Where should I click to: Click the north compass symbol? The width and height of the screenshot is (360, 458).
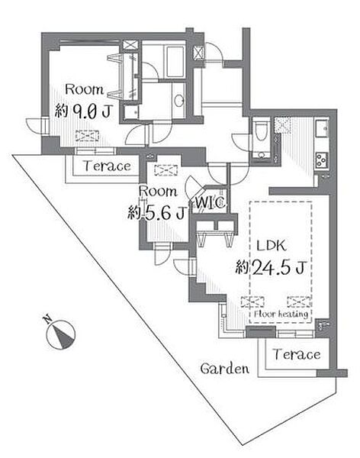coord(61,335)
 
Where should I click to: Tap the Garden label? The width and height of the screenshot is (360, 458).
coord(224,369)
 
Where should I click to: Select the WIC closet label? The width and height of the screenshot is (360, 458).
coord(210,202)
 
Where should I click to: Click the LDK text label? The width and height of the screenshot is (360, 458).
coord(271,246)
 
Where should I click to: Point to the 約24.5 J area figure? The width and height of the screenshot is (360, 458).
coord(271,268)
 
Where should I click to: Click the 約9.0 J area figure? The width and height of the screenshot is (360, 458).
coord(83,111)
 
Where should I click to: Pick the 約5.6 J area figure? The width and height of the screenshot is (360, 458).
coord(157,213)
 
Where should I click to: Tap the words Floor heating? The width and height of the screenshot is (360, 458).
coord(281,314)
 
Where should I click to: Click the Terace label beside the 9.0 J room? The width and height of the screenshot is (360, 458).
coord(107,166)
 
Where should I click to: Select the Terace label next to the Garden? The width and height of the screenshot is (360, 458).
coord(297,354)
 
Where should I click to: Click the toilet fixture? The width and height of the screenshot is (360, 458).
coord(259,131)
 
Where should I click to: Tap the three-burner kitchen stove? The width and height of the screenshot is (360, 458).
coord(322,160)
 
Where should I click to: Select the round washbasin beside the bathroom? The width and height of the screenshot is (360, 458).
coord(178,100)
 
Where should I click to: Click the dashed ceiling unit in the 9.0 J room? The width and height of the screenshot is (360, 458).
coord(87,136)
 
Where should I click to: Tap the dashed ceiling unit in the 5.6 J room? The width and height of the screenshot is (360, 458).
coord(166,170)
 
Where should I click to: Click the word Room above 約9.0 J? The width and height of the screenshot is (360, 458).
coord(85,89)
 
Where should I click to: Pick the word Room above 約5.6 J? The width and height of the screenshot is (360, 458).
coord(158,192)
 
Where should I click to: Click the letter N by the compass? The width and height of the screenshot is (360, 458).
coord(47,319)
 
